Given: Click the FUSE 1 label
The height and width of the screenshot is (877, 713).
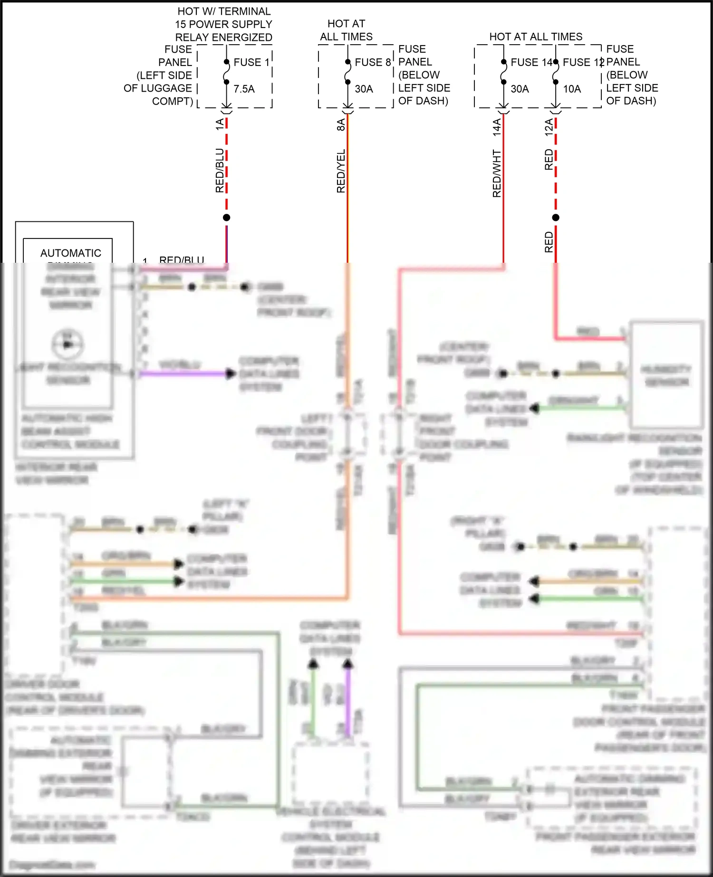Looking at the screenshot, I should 251,62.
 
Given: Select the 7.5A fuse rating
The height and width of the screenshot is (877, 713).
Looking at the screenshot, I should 244,89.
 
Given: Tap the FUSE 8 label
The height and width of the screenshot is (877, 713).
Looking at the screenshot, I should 373,62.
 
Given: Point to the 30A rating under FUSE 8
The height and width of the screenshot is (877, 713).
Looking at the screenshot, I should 364,89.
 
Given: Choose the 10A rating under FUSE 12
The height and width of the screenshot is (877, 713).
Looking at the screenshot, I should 572,89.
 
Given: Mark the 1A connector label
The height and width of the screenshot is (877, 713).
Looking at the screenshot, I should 219,124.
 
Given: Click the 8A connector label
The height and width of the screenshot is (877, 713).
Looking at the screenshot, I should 340,124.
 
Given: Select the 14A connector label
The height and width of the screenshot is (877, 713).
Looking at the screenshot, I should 496,127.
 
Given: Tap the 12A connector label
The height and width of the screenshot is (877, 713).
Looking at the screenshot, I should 549,127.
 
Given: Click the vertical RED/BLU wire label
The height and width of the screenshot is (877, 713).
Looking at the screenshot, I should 219,171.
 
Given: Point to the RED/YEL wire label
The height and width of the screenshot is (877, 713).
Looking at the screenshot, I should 340,171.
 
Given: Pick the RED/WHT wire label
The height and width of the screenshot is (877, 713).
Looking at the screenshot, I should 496,173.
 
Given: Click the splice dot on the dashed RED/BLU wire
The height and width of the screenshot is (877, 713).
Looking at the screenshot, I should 227,218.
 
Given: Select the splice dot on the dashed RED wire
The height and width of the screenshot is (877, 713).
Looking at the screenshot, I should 556,218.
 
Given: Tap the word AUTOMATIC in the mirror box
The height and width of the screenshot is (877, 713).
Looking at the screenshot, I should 70,253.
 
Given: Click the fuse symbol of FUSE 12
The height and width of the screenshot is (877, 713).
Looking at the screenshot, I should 556,72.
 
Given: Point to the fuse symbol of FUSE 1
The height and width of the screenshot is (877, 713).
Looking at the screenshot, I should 227,72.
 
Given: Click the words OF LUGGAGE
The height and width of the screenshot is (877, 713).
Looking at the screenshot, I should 158,88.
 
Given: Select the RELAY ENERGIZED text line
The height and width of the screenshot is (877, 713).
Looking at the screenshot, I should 223,37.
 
